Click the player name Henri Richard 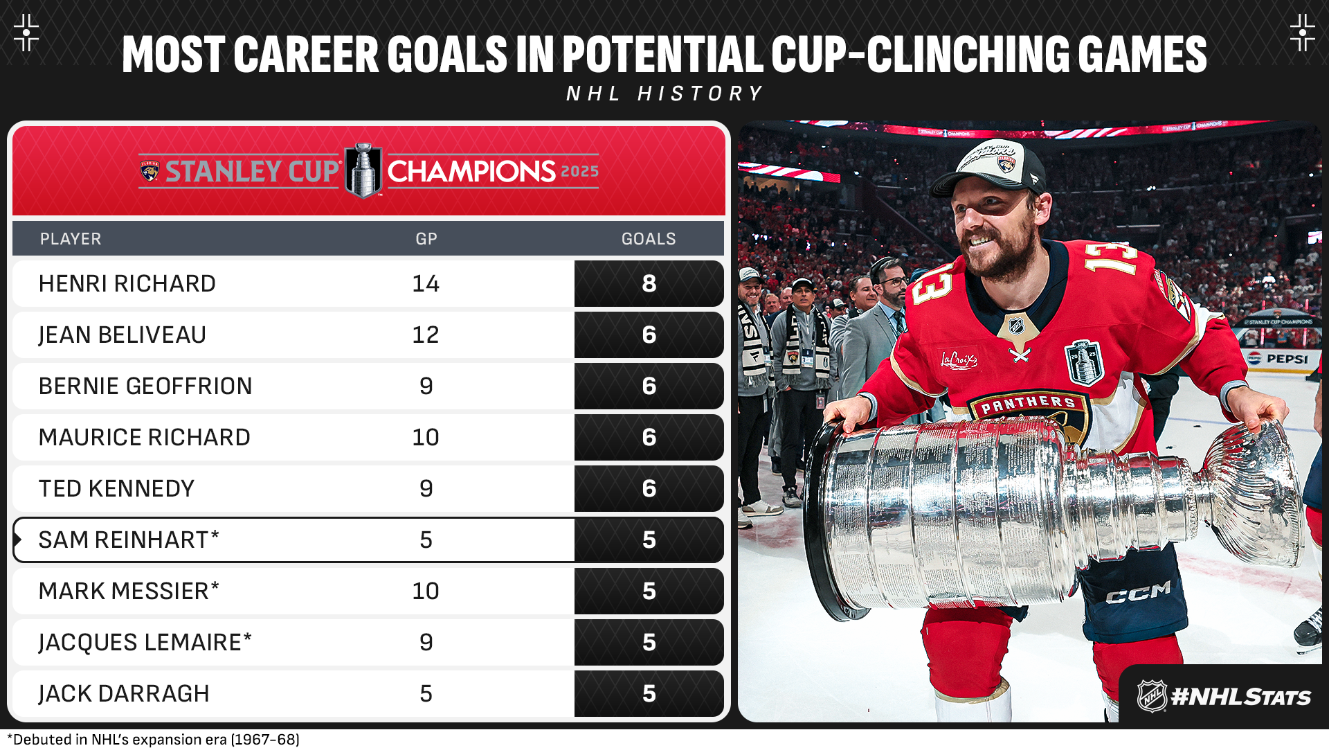tap(127, 283)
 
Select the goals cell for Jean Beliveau tap(649, 335)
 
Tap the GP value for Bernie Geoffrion tap(426, 386)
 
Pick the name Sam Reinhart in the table tap(129, 540)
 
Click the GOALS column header tap(649, 239)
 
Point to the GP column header tap(426, 239)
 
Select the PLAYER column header tap(71, 239)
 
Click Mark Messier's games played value tap(426, 591)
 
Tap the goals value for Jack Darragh tap(649, 693)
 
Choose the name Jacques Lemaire tap(145, 642)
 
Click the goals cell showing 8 tap(649, 283)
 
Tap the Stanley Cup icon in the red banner tap(363, 170)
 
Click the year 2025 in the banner tap(579, 172)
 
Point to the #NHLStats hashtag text tap(1240, 697)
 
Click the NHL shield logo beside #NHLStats tap(1152, 696)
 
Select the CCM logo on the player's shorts tap(1139, 592)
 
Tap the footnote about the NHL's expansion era tap(153, 739)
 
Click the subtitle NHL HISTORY tap(664, 93)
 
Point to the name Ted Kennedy tap(116, 488)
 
